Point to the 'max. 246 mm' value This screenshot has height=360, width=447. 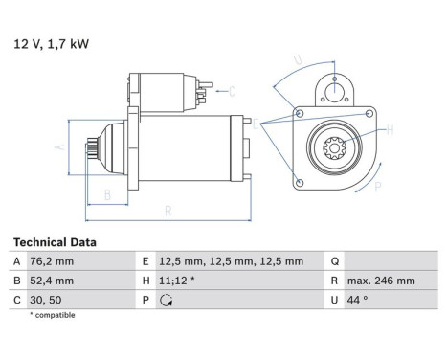382,281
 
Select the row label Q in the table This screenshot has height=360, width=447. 334,261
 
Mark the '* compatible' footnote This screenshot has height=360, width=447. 53,315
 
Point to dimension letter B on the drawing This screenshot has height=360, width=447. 107,196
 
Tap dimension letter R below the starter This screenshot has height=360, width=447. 168,211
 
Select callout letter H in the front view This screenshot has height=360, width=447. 390,129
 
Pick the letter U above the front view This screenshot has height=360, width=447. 299,59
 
